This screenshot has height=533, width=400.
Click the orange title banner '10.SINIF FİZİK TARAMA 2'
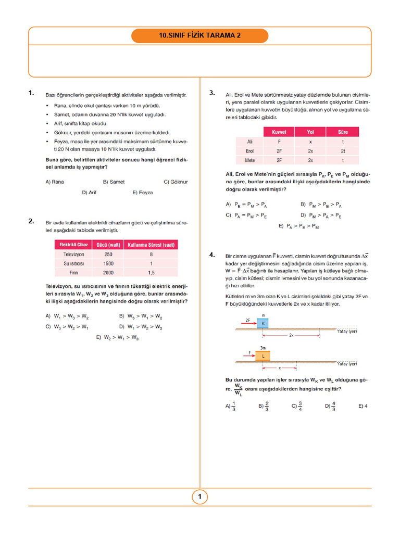[x=200, y=36]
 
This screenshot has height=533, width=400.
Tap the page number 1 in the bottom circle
[x=199, y=497]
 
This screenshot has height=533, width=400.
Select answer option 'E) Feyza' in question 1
[x=143, y=193]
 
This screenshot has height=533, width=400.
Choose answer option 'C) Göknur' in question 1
[x=176, y=182]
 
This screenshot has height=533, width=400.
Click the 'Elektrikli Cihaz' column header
[x=73, y=245]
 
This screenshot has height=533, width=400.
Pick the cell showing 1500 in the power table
[x=108, y=263]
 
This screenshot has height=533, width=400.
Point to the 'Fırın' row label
[x=73, y=272]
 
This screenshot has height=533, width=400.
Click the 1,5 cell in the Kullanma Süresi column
[x=151, y=272]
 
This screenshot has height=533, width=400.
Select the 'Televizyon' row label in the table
[x=73, y=254]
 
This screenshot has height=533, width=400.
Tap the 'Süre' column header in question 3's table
[x=343, y=132]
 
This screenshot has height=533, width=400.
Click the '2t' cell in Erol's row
[x=343, y=151]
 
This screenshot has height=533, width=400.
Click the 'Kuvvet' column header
[x=279, y=132]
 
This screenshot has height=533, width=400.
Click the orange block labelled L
[x=263, y=356]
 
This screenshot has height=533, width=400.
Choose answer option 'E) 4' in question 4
[x=363, y=405]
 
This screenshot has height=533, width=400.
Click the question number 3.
[x=212, y=93]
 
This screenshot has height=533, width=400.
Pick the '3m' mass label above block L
[x=263, y=347]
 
